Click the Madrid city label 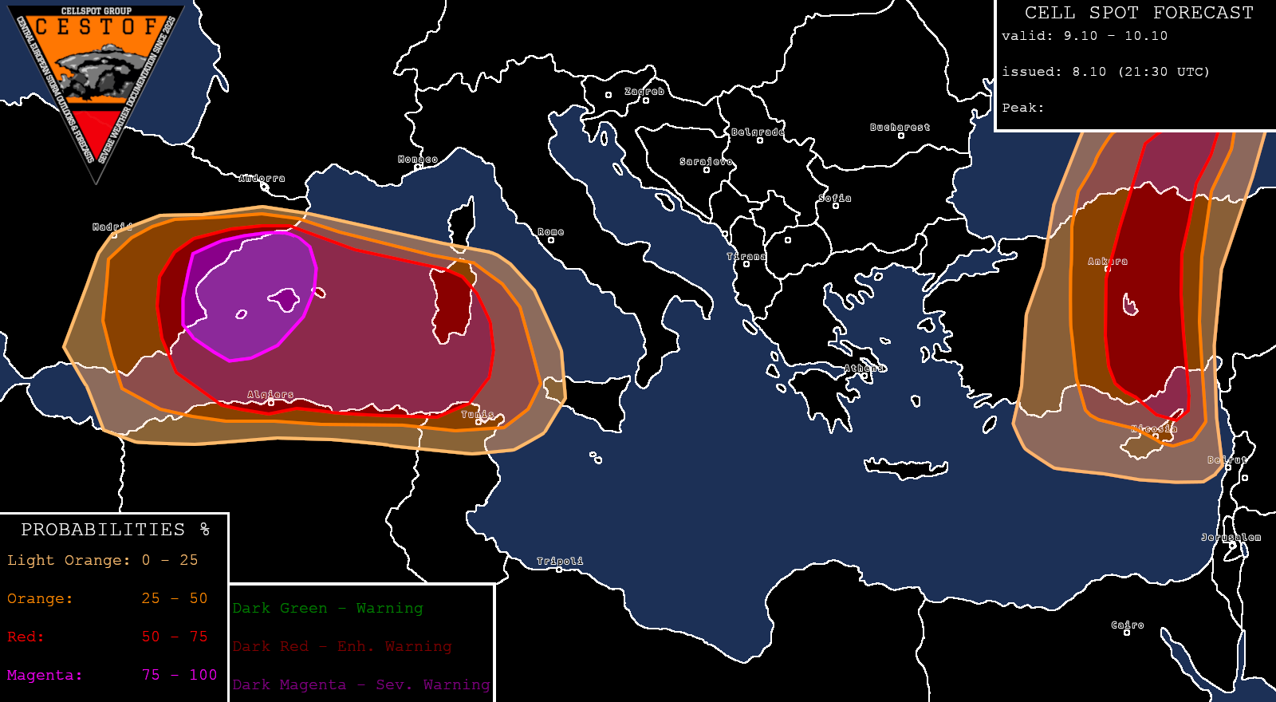click(x=112, y=227)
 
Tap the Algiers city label click(x=270, y=395)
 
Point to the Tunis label click(x=478, y=415)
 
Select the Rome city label click(x=550, y=232)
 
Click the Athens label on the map click(x=864, y=369)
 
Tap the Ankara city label click(x=1108, y=262)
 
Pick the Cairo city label click(x=1128, y=625)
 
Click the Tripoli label click(x=560, y=562)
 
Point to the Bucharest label click(x=900, y=128)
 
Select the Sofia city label click(x=835, y=199)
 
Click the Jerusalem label click(x=1231, y=538)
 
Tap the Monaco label click(x=418, y=160)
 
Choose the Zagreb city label click(x=644, y=92)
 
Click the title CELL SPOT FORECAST click(x=1139, y=13)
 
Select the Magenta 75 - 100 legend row click(x=112, y=675)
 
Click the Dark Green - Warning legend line click(x=328, y=608)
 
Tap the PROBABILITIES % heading click(x=115, y=530)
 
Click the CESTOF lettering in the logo click(x=96, y=27)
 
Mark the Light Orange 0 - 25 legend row click(x=102, y=560)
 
